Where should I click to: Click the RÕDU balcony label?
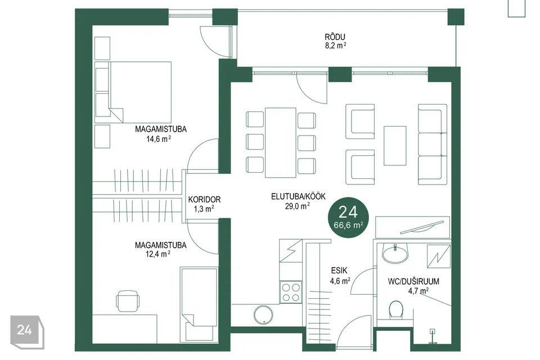[x=335, y=37]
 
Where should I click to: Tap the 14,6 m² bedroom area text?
[x=159, y=139]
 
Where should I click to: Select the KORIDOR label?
[x=204, y=200]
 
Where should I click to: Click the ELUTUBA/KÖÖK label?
[x=298, y=196]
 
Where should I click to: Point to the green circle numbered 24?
[x=348, y=218]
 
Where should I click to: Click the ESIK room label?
[x=339, y=271]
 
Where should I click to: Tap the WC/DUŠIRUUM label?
[x=413, y=281]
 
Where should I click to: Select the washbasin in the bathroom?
[x=395, y=254]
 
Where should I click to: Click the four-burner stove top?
[x=291, y=292]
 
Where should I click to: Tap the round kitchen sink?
[x=263, y=315]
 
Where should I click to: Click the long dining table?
[x=280, y=143]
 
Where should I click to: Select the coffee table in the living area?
[x=395, y=146]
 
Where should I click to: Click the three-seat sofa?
[x=432, y=145]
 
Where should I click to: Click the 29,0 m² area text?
[x=298, y=206]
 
